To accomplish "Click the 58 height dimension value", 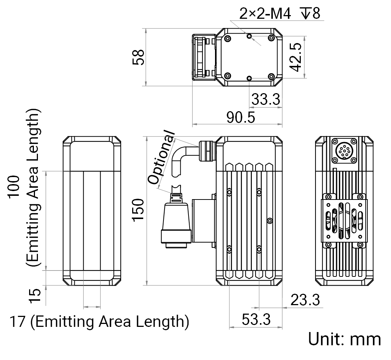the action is pyautogui.click(x=138, y=57).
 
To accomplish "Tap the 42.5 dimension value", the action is pyautogui.click(x=296, y=57).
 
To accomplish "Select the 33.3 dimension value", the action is pyautogui.click(x=266, y=99).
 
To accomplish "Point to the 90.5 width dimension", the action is pyautogui.click(x=241, y=117).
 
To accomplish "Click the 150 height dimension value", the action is pyautogui.click(x=138, y=210).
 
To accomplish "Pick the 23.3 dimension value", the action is pyautogui.click(x=305, y=300).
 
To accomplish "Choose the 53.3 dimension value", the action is pyautogui.click(x=256, y=320).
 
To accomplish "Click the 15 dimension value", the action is pyautogui.click(x=35, y=296).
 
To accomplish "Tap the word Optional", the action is pyautogui.click(x=161, y=157).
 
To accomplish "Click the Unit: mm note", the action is pyautogui.click(x=345, y=339).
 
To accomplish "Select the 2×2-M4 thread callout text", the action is pyautogui.click(x=265, y=14).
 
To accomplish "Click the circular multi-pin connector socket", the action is pyautogui.click(x=344, y=151).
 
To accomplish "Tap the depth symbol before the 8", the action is pyautogui.click(x=306, y=13).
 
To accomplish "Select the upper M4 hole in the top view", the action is pyautogui.click(x=249, y=36).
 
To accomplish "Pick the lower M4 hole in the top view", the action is pyautogui.click(x=249, y=78).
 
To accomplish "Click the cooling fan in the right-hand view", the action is pyautogui.click(x=344, y=220).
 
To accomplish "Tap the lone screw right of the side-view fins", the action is pyautogui.click(x=270, y=220).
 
